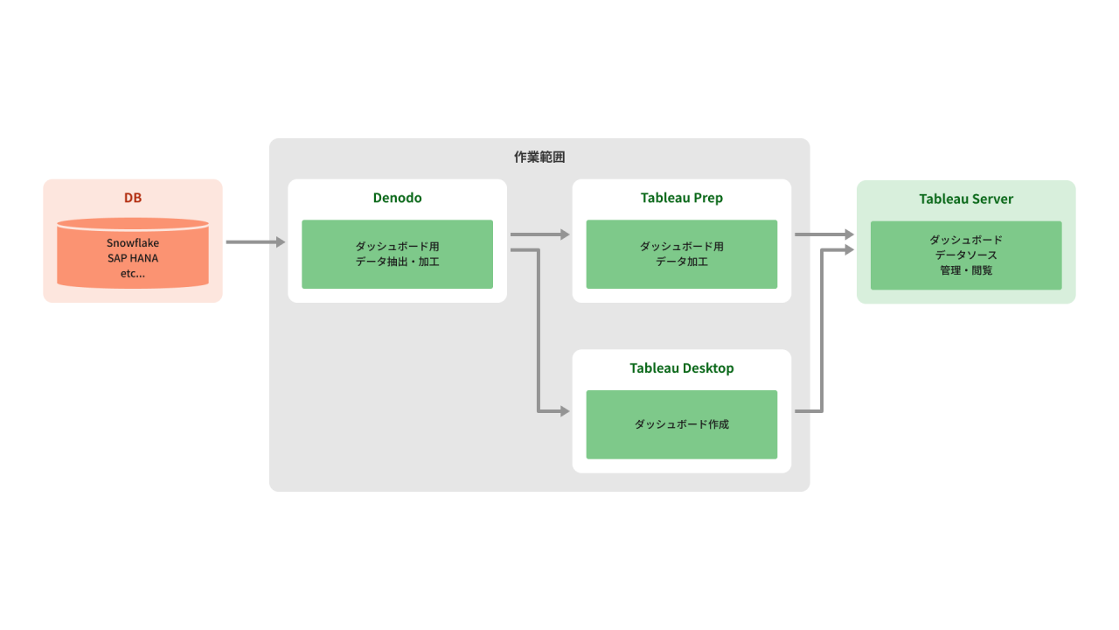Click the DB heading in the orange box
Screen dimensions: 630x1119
133,198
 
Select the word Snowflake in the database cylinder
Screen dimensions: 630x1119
133,242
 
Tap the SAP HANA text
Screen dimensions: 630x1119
133,258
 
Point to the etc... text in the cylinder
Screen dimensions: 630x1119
133,274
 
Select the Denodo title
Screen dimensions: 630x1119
397,198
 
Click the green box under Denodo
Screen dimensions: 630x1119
397,254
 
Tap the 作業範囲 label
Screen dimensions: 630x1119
539,157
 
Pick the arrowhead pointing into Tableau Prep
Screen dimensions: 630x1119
565,234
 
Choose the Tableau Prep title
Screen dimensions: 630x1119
681,198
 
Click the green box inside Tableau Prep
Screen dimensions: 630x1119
681,254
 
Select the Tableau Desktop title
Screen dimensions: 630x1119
681,368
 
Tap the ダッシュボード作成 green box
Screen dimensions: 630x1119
681,424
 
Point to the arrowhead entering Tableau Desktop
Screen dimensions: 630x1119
565,411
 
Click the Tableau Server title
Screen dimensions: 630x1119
966,199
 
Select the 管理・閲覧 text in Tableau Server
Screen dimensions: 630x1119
966,270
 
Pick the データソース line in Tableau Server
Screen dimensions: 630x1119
966,255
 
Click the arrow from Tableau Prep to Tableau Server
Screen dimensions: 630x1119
822,234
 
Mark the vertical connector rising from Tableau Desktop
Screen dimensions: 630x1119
822,332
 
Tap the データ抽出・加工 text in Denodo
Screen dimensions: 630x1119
397,262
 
